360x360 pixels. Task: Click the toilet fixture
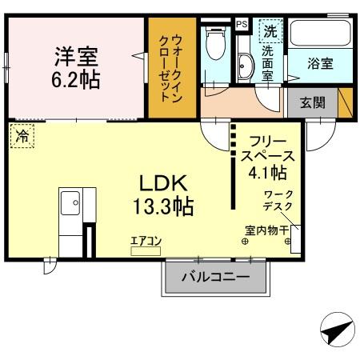coord(214,44)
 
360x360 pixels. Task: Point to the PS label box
coord(241,25)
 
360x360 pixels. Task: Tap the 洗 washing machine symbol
coord(271,32)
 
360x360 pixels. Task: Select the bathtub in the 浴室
coord(318,34)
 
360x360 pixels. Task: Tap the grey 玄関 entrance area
coord(312,102)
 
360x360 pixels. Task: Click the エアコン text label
coord(146,239)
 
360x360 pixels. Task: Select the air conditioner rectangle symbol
coord(146,250)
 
